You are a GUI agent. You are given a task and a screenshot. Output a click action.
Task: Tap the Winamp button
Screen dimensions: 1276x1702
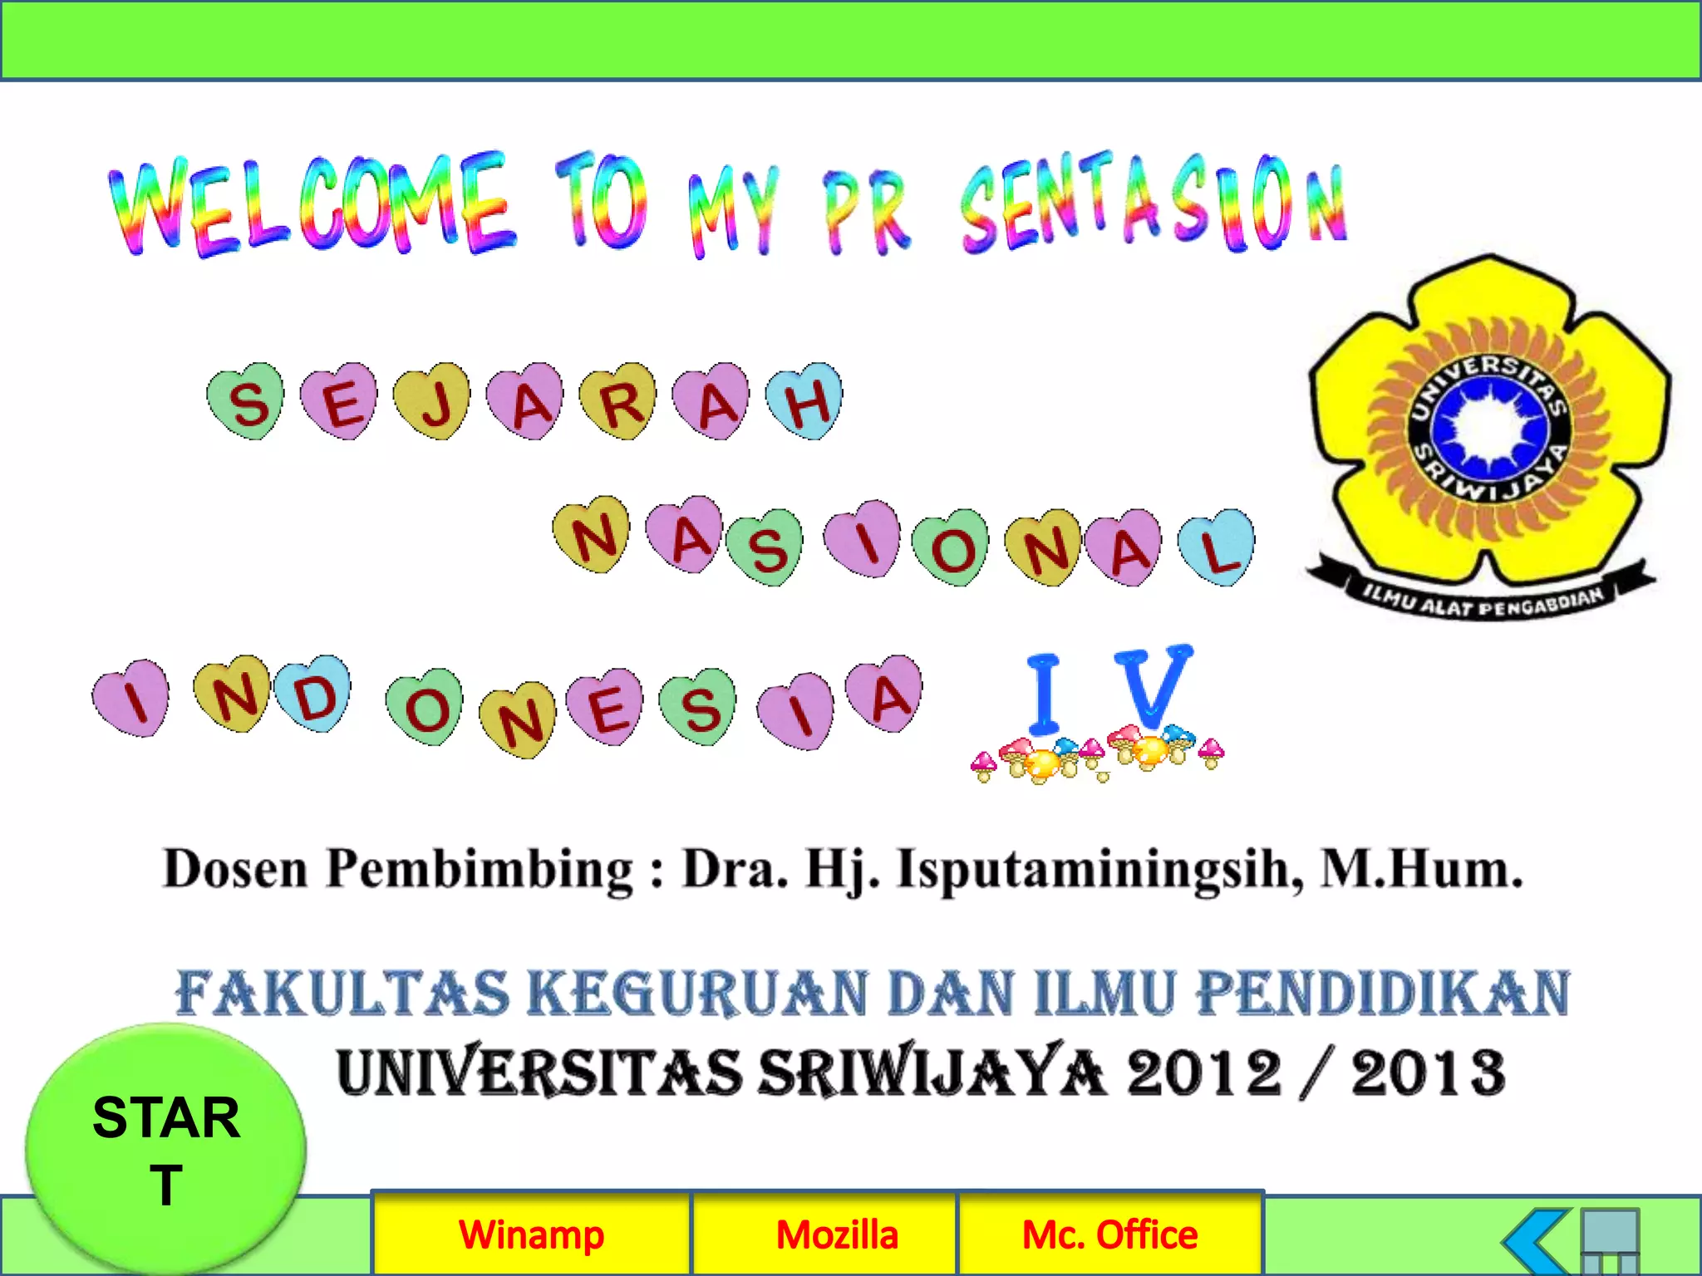pos(532,1234)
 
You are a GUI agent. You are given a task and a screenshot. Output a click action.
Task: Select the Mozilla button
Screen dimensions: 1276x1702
pos(837,1234)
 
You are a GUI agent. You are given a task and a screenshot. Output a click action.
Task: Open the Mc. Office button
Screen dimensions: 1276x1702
pos(1109,1234)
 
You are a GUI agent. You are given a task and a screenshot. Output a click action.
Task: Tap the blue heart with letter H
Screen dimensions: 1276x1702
pos(804,401)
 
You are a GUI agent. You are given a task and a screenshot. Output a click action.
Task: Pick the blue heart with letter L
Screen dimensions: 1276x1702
pos(1217,547)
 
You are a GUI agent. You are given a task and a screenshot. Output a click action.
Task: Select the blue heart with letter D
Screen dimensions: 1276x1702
pos(313,694)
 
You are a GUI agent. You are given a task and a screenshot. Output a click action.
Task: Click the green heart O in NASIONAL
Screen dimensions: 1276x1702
pos(951,548)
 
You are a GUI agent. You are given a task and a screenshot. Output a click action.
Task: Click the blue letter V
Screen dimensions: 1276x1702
pos(1152,686)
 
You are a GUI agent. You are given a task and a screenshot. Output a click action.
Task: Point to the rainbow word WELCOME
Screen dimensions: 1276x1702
pos(312,204)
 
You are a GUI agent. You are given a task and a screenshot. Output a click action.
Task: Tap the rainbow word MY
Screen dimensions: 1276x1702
pos(733,212)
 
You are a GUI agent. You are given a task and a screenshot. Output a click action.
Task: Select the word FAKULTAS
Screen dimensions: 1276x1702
pos(342,994)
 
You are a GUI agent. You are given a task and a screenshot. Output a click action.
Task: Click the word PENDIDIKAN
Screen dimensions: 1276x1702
pos(1383,994)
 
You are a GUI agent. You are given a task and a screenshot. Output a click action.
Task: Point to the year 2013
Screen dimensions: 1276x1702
pos(1427,1072)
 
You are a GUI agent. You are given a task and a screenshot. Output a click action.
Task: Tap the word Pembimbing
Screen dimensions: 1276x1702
pos(480,870)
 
